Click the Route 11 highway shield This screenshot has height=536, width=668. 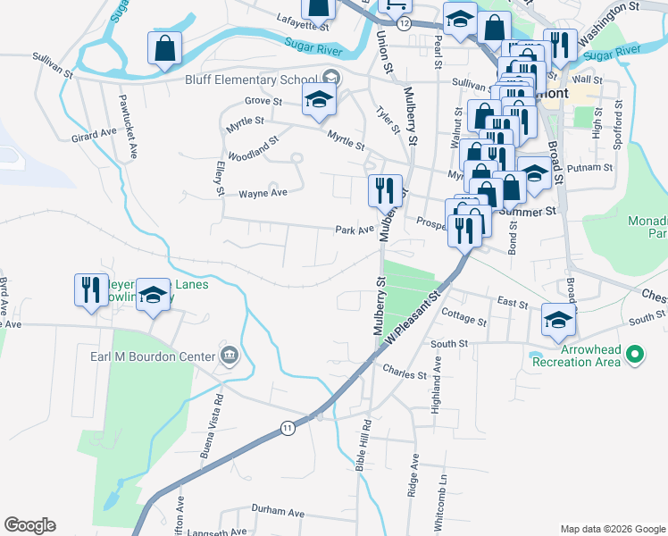[287, 428]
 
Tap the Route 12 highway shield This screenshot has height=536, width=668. [405, 23]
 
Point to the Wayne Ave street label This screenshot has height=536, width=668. [263, 193]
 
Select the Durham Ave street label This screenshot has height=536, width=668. [278, 513]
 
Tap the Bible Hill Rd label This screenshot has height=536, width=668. [367, 446]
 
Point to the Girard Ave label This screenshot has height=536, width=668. [95, 134]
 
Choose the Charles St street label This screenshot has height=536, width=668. [405, 375]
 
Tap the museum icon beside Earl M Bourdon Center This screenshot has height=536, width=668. [230, 356]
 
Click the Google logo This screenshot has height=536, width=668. [30, 525]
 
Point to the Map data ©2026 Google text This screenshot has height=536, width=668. [612, 529]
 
